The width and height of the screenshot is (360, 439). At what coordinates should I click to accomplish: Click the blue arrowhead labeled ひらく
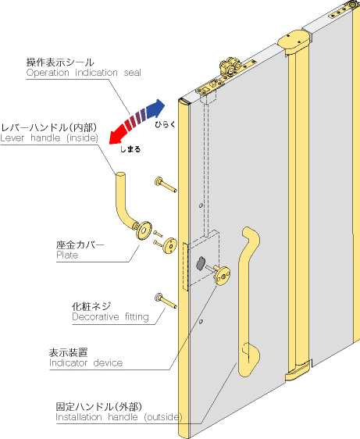click(156, 109)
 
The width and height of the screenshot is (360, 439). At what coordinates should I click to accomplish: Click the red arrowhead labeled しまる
click(116, 137)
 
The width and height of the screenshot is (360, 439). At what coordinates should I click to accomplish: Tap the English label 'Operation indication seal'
click(84, 73)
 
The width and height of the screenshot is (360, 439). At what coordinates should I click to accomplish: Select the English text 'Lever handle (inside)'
click(49, 137)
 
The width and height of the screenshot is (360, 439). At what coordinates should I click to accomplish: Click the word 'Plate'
click(67, 255)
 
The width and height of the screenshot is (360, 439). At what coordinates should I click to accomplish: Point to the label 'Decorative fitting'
click(110, 317)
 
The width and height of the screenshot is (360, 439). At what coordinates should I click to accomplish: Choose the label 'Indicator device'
click(86, 363)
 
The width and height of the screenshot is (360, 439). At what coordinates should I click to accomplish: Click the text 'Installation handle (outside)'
click(119, 417)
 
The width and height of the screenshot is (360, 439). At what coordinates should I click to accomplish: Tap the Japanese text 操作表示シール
click(60, 62)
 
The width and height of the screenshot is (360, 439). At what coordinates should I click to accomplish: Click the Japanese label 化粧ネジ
click(91, 306)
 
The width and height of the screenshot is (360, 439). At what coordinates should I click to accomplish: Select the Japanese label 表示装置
click(68, 352)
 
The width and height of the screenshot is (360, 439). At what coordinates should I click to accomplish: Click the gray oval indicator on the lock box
click(201, 263)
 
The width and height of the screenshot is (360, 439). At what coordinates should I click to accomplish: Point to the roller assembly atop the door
click(230, 66)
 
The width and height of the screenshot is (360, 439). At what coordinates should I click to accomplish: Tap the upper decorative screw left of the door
click(166, 185)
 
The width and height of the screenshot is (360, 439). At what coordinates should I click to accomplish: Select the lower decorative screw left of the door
click(166, 301)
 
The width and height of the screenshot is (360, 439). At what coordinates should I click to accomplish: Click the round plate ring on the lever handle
click(144, 230)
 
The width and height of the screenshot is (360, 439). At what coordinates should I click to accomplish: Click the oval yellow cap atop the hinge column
click(294, 41)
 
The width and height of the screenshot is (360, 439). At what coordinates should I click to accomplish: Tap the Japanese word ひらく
click(166, 124)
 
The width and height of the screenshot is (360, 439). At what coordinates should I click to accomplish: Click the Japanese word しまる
click(130, 149)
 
